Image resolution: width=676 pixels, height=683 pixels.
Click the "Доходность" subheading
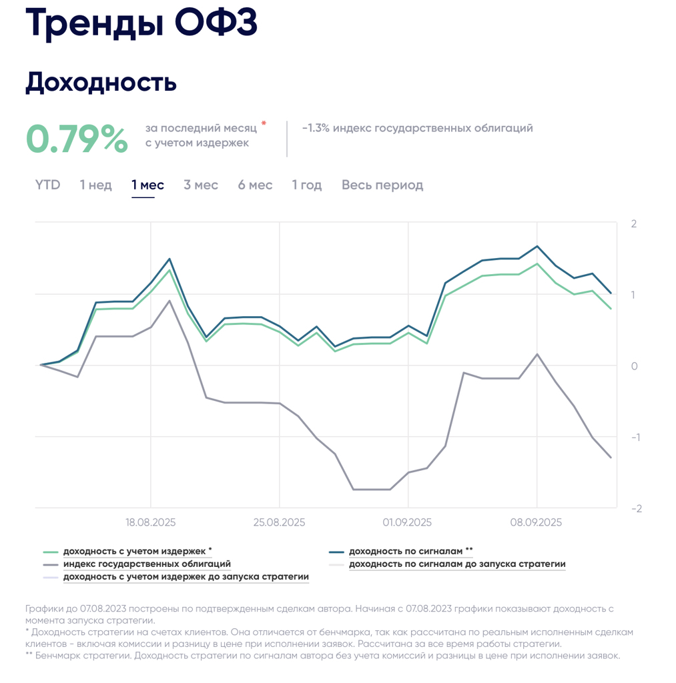[x=101, y=83]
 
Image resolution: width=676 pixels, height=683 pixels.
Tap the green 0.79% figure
[x=77, y=138]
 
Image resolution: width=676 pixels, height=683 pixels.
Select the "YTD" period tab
[x=47, y=185]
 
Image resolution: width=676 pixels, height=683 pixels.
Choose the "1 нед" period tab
[x=96, y=185]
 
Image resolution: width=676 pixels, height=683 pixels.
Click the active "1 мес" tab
[x=147, y=185]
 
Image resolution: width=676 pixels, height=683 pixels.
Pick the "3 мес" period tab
[x=201, y=185]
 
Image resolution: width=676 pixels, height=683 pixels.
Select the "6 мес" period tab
[x=255, y=185]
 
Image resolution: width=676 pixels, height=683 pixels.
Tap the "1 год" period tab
[x=307, y=185]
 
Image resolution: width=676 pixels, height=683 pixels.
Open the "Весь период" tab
[x=382, y=185]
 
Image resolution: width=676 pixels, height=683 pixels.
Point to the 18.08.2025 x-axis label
[x=151, y=522]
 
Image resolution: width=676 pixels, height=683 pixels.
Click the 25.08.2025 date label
[x=279, y=522]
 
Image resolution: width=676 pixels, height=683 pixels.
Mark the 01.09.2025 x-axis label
[x=408, y=522]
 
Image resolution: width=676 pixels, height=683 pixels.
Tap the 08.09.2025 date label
[x=537, y=522]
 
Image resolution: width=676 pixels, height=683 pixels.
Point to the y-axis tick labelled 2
[x=634, y=223]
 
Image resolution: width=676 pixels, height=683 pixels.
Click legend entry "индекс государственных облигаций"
[x=147, y=564]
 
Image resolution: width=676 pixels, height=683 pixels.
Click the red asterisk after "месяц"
[x=264, y=123]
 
